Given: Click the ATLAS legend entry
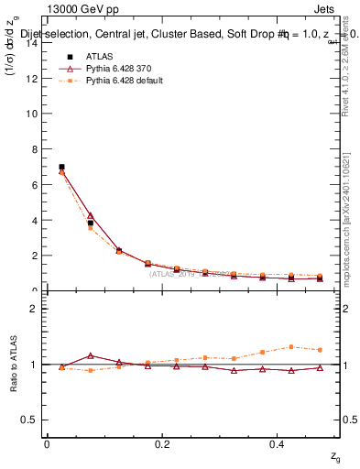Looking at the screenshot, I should pos(99,57).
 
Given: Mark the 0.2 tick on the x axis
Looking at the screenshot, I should pos(162,444).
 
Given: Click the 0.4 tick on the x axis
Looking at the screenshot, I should pos(278,444).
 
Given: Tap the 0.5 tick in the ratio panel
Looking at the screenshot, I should pos(32,420).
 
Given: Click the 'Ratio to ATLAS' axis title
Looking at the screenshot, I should pos(12,364).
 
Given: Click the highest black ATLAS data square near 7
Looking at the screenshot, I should pos(61,167).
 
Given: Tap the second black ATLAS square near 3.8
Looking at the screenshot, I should pos(90,224).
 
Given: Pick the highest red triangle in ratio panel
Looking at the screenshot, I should pos(90,355).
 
